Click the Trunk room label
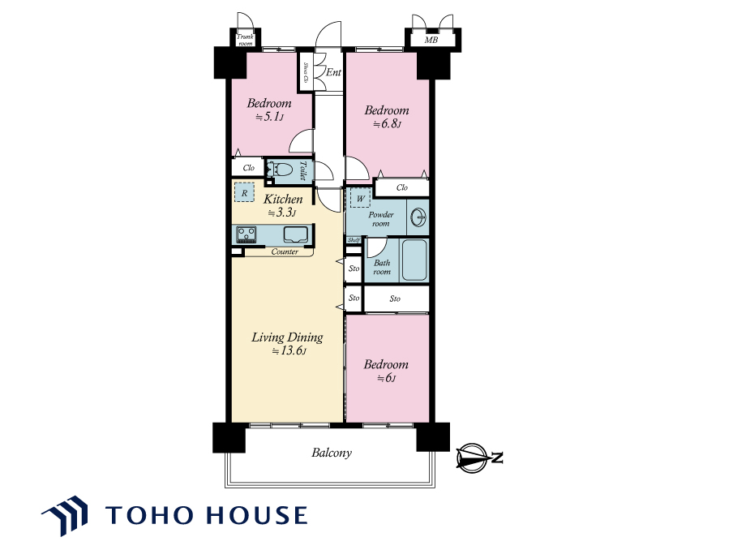pos(245,40)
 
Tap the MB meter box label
pos(431,41)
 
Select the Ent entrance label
pos(333,72)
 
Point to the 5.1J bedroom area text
pos(269,117)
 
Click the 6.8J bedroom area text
pos(387,124)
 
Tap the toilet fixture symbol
pos(280,169)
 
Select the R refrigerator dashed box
pos(244,193)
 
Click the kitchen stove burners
pos(246,234)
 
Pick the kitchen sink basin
pos(295,234)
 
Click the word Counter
pos(285,251)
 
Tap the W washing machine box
pos(361,199)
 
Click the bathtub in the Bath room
pos(414,260)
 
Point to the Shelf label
pos(354,240)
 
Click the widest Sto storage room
pos(396,299)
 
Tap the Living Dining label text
pos(287,337)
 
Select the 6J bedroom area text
pos(387,378)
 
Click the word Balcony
pos(332,453)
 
